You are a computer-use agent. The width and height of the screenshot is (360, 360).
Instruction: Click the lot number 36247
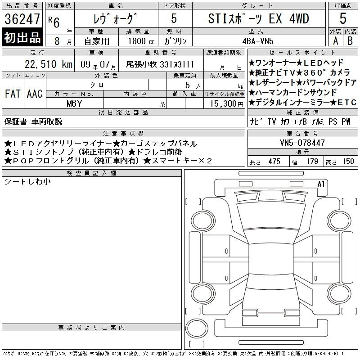click(x=22, y=19)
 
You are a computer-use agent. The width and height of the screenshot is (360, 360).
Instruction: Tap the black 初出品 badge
click(x=22, y=37)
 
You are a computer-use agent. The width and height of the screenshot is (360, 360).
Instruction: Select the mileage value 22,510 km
click(x=49, y=64)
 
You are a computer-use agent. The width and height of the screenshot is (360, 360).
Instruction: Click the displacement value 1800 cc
click(x=141, y=41)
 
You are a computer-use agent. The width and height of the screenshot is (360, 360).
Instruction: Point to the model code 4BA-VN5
click(x=258, y=41)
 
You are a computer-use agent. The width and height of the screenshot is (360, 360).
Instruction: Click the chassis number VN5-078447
click(x=302, y=143)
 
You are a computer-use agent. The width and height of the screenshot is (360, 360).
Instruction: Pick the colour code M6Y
click(x=74, y=103)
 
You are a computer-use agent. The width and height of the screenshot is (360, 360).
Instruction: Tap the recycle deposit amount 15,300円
click(x=226, y=104)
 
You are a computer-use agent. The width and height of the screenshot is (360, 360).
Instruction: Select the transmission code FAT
click(x=13, y=94)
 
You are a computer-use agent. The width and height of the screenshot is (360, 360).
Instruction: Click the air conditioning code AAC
click(x=35, y=94)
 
